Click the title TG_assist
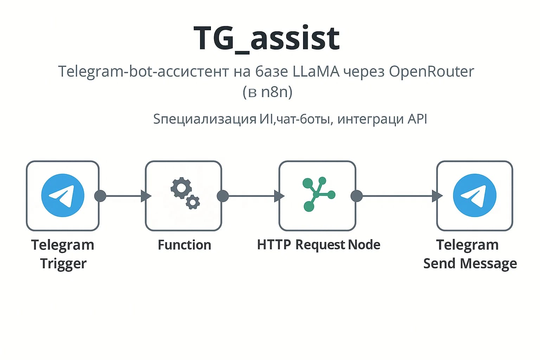[x=266, y=38]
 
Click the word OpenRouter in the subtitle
[x=431, y=71]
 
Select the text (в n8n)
[x=267, y=92]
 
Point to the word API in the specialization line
[x=417, y=119]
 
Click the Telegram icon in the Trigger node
[x=63, y=195]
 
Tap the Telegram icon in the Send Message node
[x=474, y=195]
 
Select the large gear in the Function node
[x=181, y=188]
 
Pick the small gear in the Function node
[x=193, y=202]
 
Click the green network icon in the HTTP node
[x=317, y=194]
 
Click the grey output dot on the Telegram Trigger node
[x=100, y=196]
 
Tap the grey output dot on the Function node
[x=223, y=196]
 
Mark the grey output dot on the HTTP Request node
[x=356, y=196]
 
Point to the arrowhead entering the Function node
[x=146, y=196]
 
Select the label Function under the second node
[x=184, y=245]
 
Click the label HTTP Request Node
[x=319, y=245]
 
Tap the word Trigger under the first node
[x=63, y=263]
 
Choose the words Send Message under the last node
[x=470, y=263]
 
